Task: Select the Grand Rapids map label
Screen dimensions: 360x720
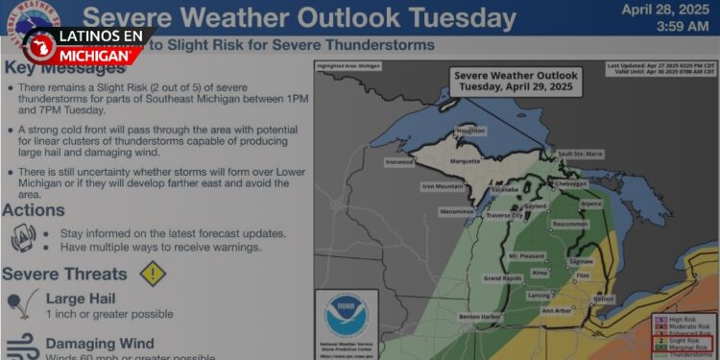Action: point(503,278)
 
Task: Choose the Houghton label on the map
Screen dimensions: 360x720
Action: point(470,130)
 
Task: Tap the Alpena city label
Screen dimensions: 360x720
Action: point(590,204)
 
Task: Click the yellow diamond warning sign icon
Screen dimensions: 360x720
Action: point(153,274)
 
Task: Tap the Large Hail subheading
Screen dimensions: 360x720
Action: point(81,299)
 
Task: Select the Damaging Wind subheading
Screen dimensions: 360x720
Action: point(100,343)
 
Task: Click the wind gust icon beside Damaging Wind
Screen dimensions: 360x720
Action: point(22,347)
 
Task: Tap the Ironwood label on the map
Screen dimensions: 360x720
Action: point(398,162)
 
